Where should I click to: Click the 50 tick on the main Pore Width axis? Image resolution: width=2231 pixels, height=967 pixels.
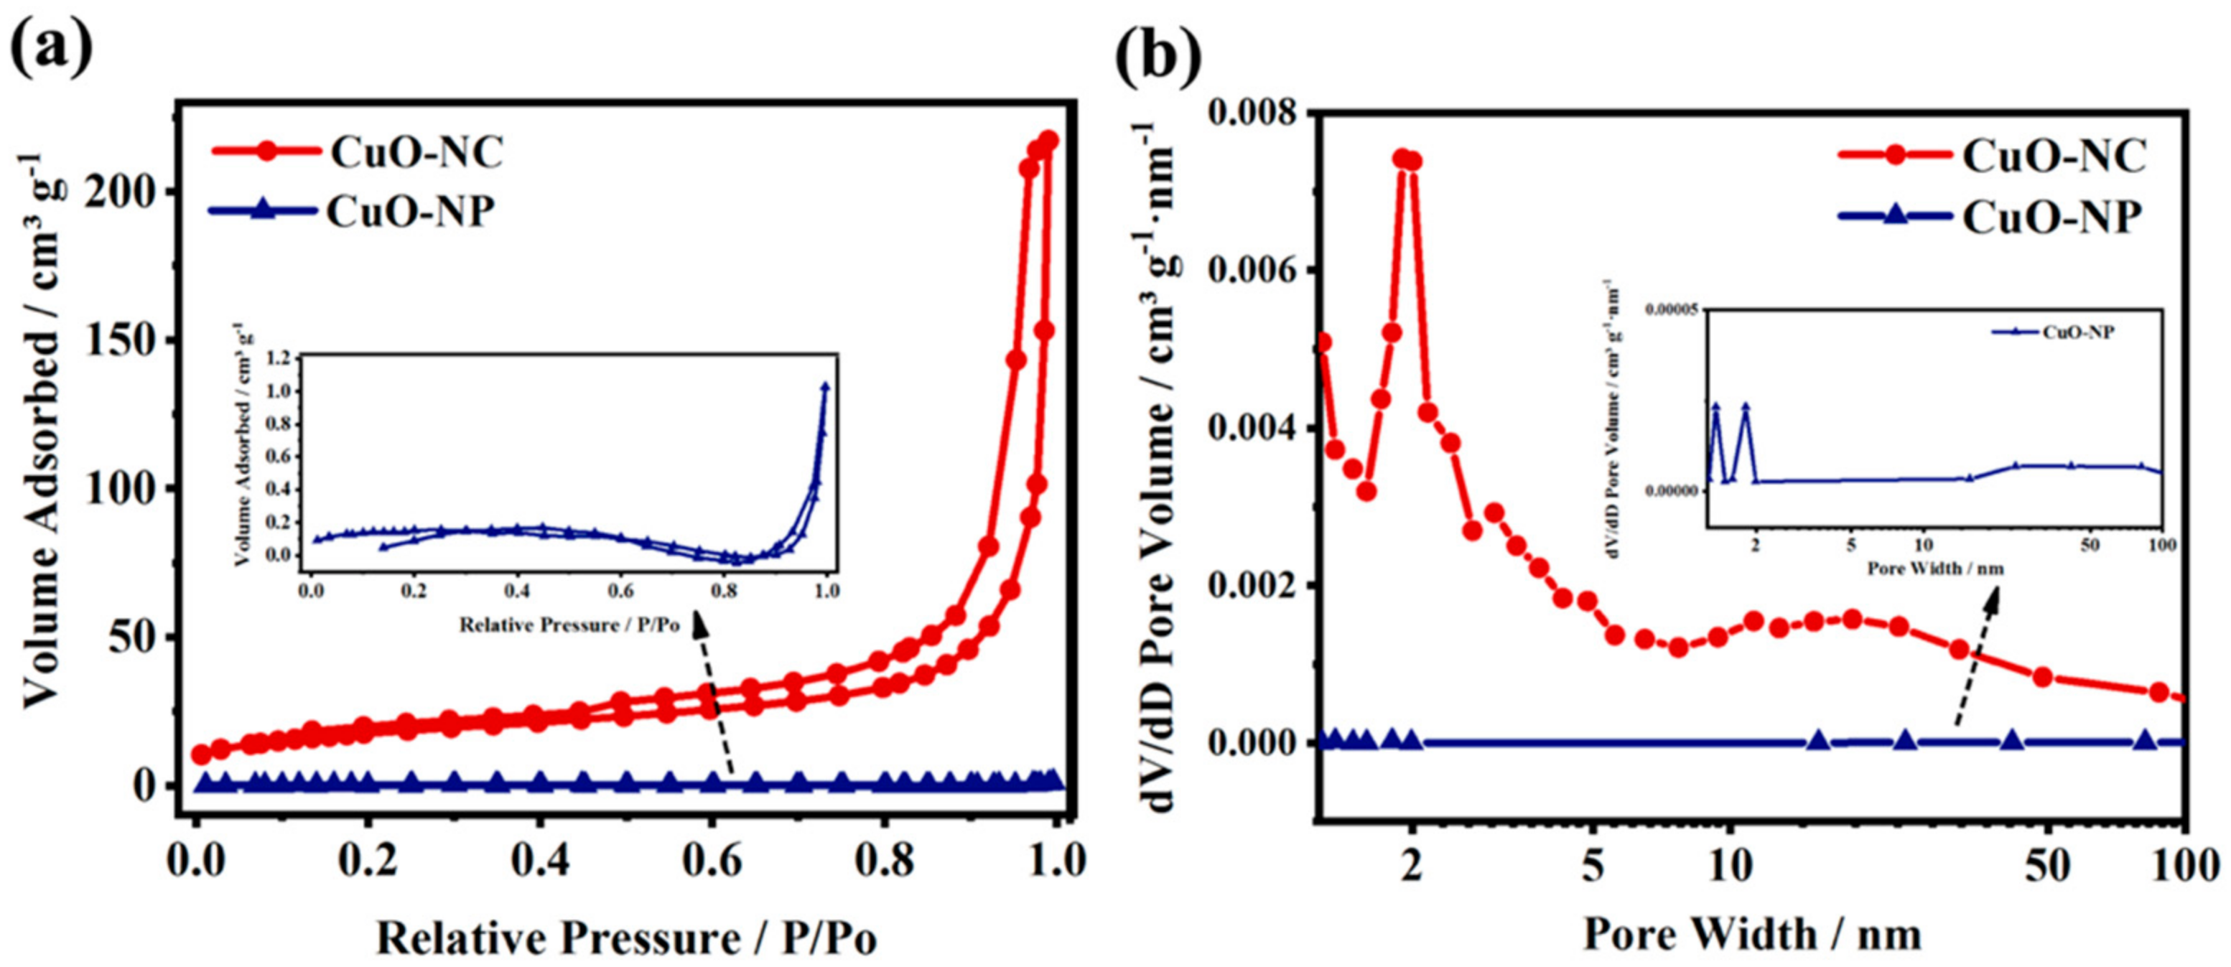click(2046, 865)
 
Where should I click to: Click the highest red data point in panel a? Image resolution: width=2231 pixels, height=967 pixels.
click(1049, 140)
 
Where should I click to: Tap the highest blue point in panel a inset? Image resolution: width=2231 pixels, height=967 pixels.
click(825, 387)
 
